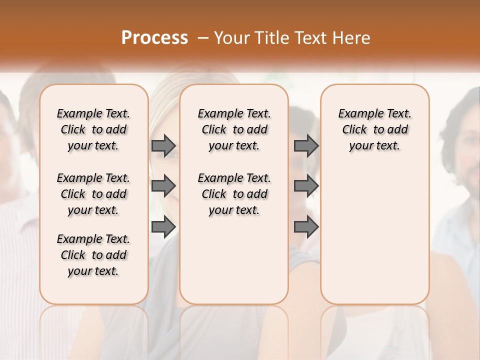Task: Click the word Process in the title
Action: click(x=154, y=37)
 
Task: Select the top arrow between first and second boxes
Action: click(x=163, y=145)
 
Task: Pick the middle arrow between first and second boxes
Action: click(x=163, y=186)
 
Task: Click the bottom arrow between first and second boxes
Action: click(x=163, y=227)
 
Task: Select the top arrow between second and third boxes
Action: click(x=306, y=145)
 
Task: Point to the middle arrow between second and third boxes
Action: click(x=306, y=186)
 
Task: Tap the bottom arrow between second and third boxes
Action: click(x=306, y=227)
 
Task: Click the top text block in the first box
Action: click(x=93, y=129)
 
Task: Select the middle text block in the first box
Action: click(x=93, y=194)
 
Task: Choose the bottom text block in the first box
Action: click(x=93, y=255)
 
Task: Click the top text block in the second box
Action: click(x=234, y=129)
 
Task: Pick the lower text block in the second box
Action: click(x=234, y=194)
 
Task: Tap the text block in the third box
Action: click(x=375, y=129)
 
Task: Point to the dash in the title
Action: click(x=203, y=38)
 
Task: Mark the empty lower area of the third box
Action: click(x=375, y=230)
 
